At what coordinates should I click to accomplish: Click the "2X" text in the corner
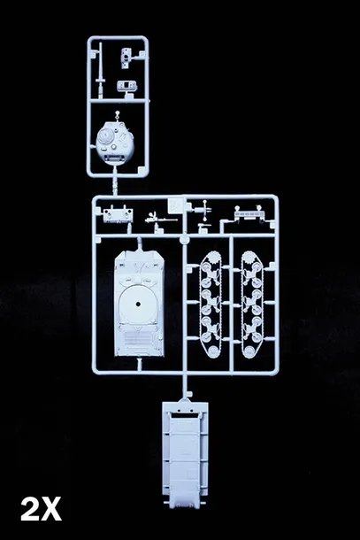coord(41,509)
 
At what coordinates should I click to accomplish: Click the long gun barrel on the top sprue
coord(101,70)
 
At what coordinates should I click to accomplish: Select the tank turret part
coord(115,143)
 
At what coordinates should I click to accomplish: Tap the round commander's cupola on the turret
coord(104,137)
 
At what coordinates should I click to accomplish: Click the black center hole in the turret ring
coord(138,304)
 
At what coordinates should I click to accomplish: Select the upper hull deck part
coord(139,303)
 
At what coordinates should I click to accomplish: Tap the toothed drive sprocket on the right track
coord(252,257)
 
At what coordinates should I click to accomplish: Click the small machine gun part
coord(160,219)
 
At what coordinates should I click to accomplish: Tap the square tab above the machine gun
coord(175,205)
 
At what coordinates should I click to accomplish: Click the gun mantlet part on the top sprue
coord(126,58)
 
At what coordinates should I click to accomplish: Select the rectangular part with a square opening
coord(126,86)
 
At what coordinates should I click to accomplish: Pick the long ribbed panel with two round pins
coord(249,213)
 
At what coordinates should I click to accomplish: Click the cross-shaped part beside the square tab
coord(204,210)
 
